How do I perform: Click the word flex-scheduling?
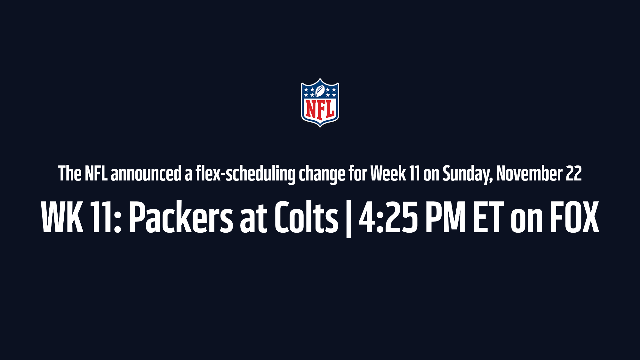[245, 174]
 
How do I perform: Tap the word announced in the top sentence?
[146, 174]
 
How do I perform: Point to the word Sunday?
[468, 174]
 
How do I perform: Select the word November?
[529, 174]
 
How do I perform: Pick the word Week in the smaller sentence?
[388, 174]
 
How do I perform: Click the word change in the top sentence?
[322, 174]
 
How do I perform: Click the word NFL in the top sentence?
[96, 174]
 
